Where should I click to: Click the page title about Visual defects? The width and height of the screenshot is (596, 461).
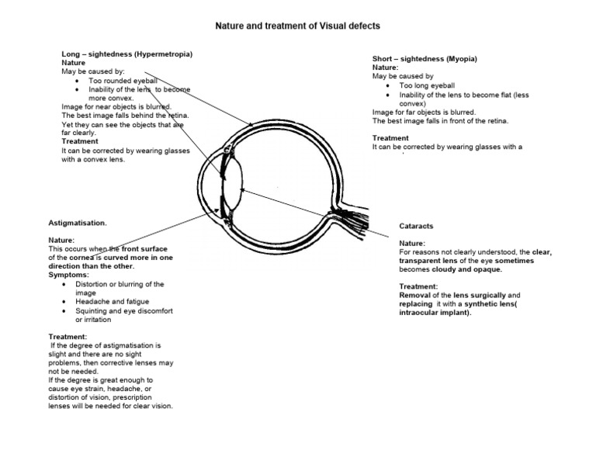(x=297, y=26)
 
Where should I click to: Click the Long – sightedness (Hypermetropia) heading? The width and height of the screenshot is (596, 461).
(x=127, y=54)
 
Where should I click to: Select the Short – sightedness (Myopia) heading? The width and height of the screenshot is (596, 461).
(x=424, y=60)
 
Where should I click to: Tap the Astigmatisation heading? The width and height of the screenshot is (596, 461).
(x=78, y=223)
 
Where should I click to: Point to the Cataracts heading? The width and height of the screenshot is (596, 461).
(x=416, y=226)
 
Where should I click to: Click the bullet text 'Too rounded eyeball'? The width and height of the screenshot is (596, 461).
(x=123, y=80)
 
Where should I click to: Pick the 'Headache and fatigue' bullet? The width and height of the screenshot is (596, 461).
(x=112, y=301)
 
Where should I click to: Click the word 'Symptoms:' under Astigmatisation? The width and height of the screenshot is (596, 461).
(x=68, y=275)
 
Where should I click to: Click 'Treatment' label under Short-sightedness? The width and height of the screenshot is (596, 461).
(x=390, y=137)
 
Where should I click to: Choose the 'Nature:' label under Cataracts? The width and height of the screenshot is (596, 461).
(x=411, y=244)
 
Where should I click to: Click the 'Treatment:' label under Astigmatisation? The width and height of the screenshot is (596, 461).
(x=69, y=336)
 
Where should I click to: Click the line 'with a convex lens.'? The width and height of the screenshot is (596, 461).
(x=92, y=160)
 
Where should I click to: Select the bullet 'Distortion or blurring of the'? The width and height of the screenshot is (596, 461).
(x=120, y=284)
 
